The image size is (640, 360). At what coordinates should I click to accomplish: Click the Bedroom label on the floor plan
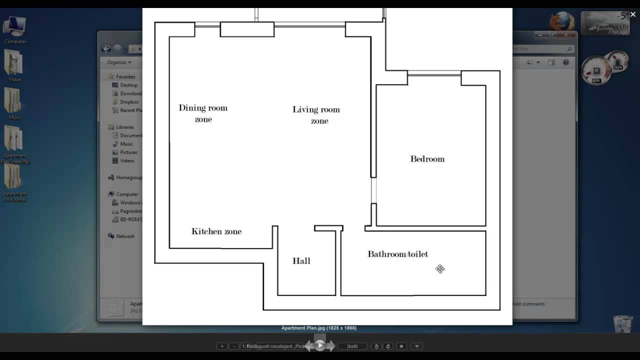click(427, 159)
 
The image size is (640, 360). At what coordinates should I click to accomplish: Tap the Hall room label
click(301, 261)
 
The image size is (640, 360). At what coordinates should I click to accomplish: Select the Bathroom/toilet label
click(397, 254)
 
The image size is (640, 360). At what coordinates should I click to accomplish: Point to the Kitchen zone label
click(216, 231)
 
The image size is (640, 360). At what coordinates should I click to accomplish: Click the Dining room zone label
click(203, 113)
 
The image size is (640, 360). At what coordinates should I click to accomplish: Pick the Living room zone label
click(316, 115)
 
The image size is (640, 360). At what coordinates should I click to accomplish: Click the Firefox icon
click(562, 22)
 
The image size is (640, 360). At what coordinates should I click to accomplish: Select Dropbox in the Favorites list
click(129, 102)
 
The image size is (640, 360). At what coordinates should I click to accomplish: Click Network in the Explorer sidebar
click(125, 236)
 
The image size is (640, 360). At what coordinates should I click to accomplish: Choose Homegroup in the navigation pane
click(128, 177)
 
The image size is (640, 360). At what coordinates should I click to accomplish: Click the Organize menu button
click(119, 62)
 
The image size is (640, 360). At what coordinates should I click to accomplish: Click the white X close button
click(632, 14)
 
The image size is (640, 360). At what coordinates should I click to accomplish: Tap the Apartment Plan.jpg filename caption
click(319, 328)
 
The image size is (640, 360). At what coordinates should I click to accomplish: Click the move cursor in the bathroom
click(440, 269)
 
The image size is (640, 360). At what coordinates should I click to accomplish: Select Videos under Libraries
click(127, 161)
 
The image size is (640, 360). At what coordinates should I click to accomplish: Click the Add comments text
click(528, 304)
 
